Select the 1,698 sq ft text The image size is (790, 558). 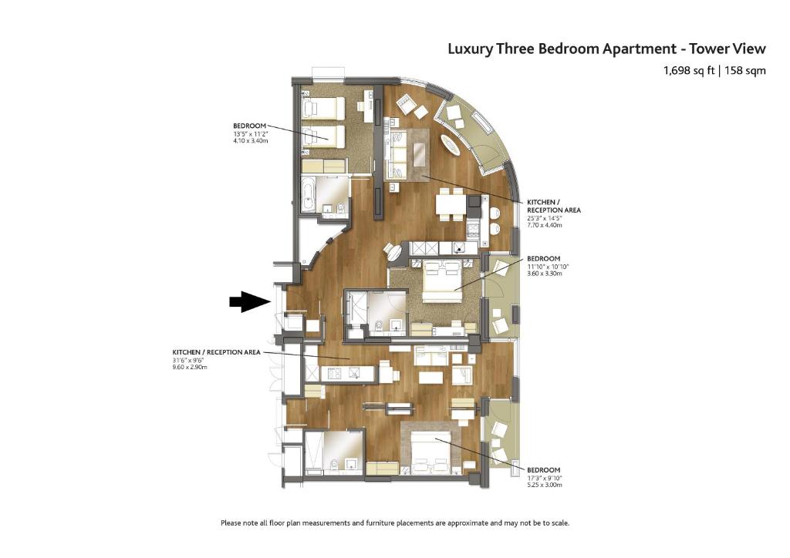(689, 71)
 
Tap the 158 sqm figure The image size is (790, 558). (744, 71)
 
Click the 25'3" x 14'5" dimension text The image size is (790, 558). (545, 217)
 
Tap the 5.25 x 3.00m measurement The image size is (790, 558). (544, 486)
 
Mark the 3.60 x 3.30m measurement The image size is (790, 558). (545, 274)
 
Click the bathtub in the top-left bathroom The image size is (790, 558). (308, 195)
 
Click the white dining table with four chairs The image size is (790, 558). (451, 204)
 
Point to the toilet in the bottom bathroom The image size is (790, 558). (332, 464)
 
